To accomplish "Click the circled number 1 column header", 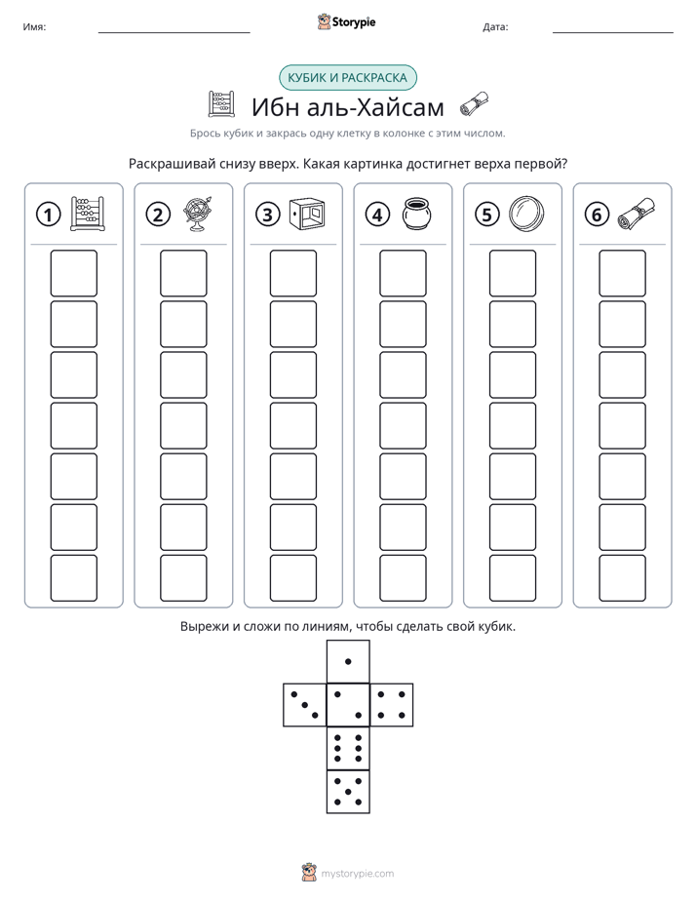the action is tap(48, 215).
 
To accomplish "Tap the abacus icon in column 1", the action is tap(88, 214).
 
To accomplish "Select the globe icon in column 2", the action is tap(198, 214).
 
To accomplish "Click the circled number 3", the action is tap(268, 215).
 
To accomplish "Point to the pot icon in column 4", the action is tap(417, 214).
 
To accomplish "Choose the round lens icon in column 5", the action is tap(526, 214).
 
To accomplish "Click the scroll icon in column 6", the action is tap(637, 214).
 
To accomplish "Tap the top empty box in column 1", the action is tap(73, 273).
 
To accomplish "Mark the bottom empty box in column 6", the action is tap(623, 577).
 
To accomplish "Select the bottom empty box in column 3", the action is tap(293, 577).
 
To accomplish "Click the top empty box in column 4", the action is tap(404, 273).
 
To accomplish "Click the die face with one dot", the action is tap(348, 661).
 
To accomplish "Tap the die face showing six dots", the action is tap(348, 748).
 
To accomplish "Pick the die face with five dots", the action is tap(348, 791).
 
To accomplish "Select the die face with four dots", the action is tap(392, 705).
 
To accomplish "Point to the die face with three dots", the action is tap(305, 705).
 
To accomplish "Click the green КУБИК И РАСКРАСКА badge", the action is tap(347, 78).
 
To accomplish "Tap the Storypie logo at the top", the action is tap(346, 21).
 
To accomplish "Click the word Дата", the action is tap(495, 26).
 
